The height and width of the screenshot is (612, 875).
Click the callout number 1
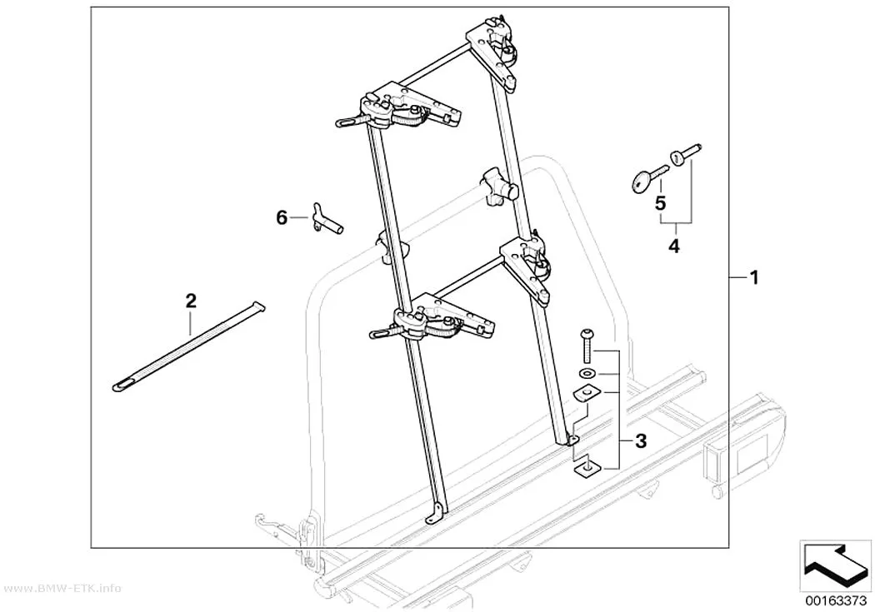(754, 277)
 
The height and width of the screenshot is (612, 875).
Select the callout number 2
(191, 301)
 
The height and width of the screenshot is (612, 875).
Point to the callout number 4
(674, 246)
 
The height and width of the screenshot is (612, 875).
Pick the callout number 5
(660, 203)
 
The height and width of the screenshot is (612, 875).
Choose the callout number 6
(282, 217)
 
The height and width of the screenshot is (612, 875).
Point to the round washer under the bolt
(587, 373)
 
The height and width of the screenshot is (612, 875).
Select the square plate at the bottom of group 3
(587, 470)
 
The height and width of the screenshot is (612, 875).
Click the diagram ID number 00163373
(835, 601)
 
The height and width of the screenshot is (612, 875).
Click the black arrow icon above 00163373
(835, 564)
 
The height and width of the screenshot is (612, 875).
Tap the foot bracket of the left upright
(436, 512)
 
